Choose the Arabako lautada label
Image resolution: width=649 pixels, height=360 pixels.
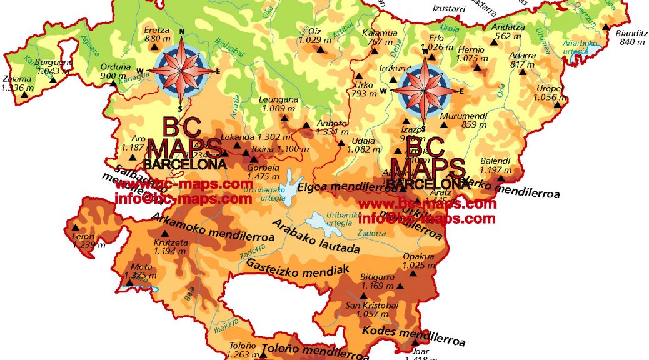coord(316,237)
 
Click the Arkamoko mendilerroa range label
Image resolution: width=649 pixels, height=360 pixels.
coord(213,227)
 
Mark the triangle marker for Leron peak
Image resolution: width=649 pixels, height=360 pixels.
coord(76,228)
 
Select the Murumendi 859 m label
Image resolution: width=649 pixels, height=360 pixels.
coord(463,120)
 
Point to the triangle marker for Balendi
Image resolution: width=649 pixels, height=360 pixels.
coord(500,178)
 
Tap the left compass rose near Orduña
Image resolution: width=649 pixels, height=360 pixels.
coord(182,69)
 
